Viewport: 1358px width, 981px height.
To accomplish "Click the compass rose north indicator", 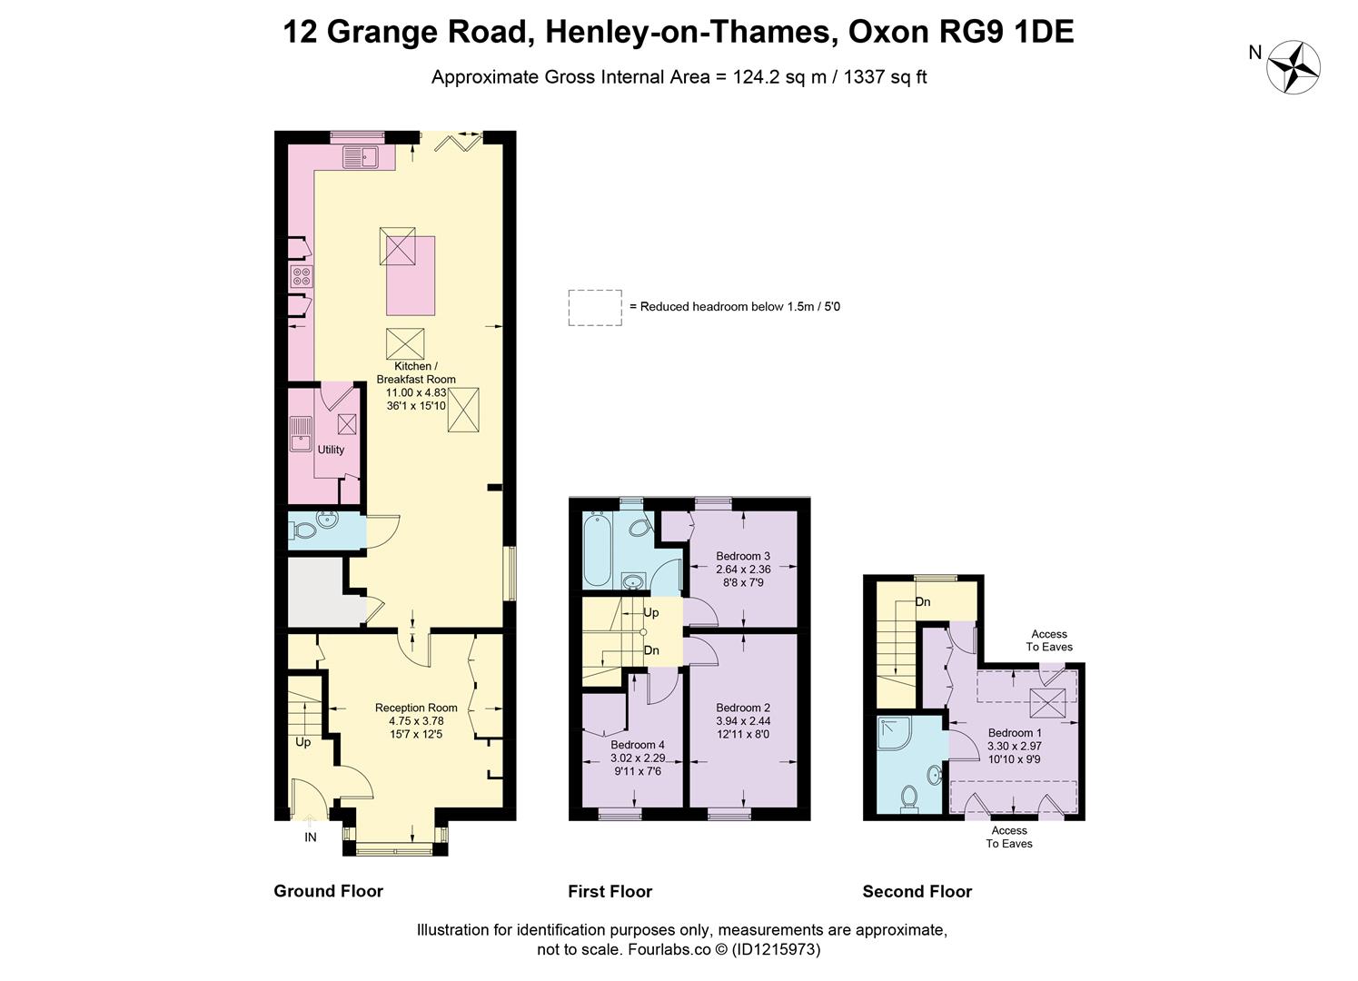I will click(1293, 66).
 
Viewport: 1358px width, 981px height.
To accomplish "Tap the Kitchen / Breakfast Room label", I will click(416, 372).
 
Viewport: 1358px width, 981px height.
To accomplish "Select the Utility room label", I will click(331, 450).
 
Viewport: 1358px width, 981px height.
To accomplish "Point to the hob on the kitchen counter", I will click(302, 275).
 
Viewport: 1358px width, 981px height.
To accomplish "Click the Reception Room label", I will click(416, 708).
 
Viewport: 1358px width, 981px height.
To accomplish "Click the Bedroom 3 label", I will click(742, 556).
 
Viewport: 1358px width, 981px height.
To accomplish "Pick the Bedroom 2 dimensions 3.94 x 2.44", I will click(742, 721).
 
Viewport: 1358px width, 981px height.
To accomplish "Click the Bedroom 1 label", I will click(1014, 733).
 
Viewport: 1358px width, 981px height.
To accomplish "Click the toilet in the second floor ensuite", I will click(908, 798).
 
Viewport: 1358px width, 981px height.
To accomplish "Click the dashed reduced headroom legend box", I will click(595, 307).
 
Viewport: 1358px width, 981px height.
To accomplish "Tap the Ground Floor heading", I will click(328, 891).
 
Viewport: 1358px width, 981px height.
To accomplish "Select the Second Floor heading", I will click(917, 891).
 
